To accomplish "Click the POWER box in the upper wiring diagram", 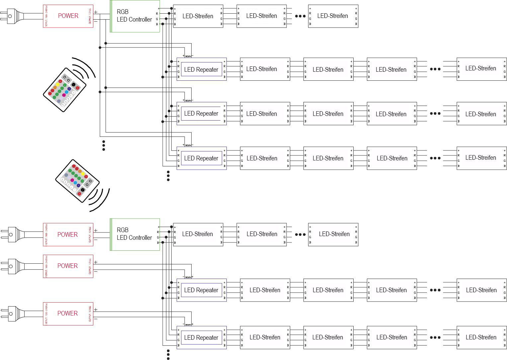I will point(68,16).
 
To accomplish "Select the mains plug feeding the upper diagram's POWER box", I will point(12,16).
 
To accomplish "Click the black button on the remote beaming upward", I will point(73,84).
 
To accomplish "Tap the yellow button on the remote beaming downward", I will point(83,173).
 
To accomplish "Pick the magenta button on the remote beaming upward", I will point(64,95).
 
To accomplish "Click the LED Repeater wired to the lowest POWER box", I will point(202,337).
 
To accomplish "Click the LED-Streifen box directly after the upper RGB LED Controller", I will point(198,16).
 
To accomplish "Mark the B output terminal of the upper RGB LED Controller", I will point(157,24).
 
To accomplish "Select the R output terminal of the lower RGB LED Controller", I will point(158,232).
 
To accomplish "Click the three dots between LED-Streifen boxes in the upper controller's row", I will point(300,16).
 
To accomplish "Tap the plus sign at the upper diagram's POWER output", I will point(96,12).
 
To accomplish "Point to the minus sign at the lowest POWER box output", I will point(96,319).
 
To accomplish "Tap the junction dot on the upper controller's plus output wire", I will point(171,8).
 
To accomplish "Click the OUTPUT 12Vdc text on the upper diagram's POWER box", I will point(90,16).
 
